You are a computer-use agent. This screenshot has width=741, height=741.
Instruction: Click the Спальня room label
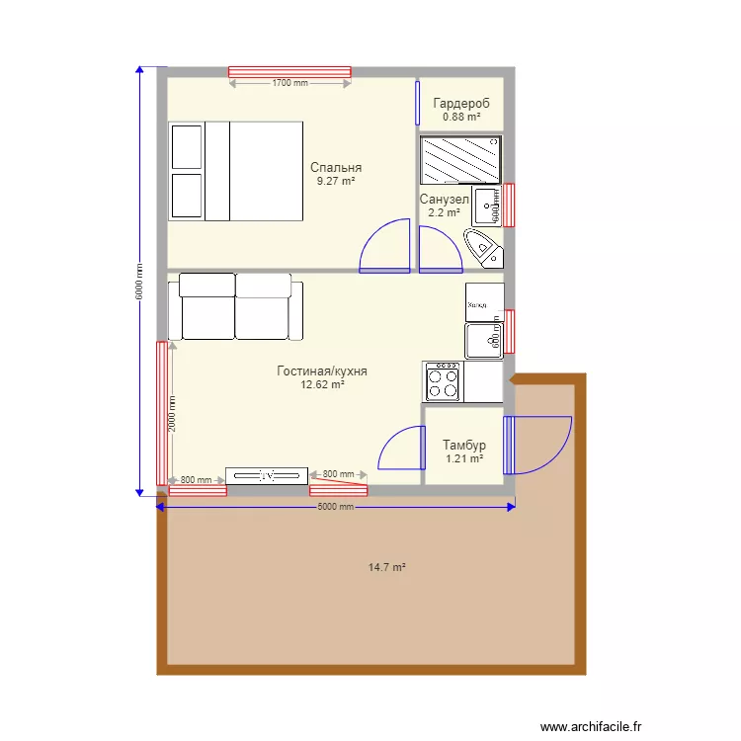[x=336, y=168]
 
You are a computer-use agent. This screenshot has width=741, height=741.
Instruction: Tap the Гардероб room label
[x=461, y=103]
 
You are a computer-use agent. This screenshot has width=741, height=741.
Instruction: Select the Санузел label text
[x=444, y=200]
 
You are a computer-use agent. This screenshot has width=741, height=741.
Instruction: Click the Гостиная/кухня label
[x=322, y=371]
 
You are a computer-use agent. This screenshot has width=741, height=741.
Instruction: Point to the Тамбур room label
[x=463, y=446]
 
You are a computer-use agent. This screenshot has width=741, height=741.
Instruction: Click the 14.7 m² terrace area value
[x=387, y=567]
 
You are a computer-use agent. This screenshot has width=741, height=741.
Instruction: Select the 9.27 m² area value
[x=336, y=182]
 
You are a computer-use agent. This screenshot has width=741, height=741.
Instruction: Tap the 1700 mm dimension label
[x=289, y=84]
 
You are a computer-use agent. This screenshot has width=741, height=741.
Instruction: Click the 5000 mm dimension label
[x=335, y=508]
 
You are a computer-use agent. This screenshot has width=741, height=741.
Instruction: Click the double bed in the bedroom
[x=235, y=171]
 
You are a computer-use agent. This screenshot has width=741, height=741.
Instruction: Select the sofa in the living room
[x=235, y=307]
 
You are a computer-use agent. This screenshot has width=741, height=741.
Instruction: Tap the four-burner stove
[x=443, y=380]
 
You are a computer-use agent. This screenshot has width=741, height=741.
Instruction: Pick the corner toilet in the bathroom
[x=483, y=246]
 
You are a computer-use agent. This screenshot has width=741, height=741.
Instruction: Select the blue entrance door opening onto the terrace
[x=536, y=445]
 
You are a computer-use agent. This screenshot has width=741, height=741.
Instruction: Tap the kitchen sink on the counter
[x=484, y=341]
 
